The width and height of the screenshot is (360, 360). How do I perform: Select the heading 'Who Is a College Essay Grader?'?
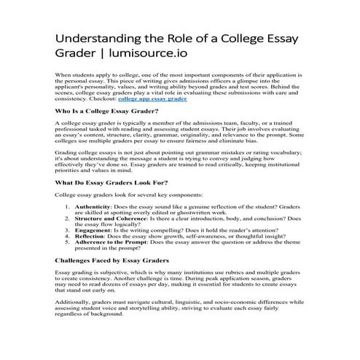coord(106,111)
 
